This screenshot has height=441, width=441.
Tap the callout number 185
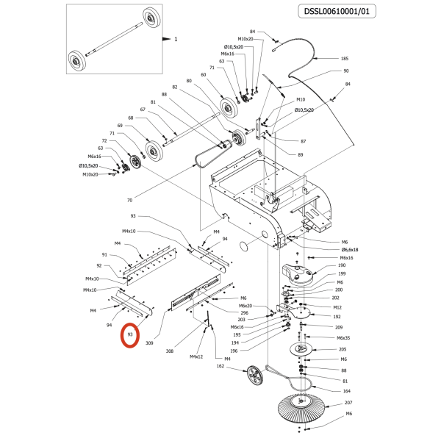pyautogui.click(x=344, y=58)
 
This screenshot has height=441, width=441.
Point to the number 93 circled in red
pyautogui.click(x=130, y=335)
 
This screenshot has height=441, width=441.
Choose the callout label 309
pyautogui.click(x=149, y=343)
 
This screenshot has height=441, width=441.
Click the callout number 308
pyautogui.click(x=170, y=351)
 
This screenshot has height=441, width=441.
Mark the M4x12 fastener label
pyautogui.click(x=196, y=356)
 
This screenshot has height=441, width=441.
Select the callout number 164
pyautogui.click(x=346, y=391)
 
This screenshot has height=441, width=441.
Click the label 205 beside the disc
pyautogui.click(x=342, y=350)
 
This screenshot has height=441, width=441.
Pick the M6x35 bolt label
pyautogui.click(x=343, y=338)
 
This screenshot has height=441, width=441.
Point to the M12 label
pyautogui.click(x=337, y=307)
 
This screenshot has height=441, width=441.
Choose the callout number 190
pyautogui.click(x=341, y=265)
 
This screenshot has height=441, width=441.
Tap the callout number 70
pyautogui.click(x=129, y=200)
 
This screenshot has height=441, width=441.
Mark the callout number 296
pyautogui.click(x=244, y=313)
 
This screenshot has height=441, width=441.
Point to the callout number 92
pyautogui.click(x=98, y=265)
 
